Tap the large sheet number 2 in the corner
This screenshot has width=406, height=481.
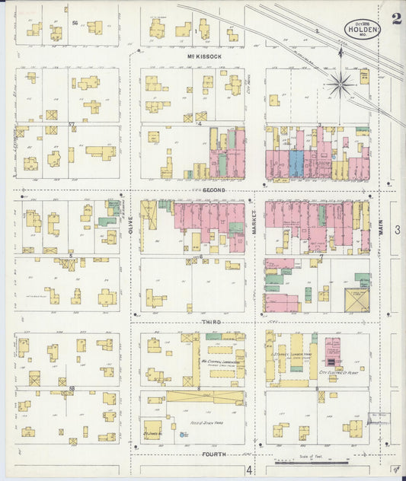point(396,19)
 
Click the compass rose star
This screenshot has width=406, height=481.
point(340,84)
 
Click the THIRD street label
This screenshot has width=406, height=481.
point(212,323)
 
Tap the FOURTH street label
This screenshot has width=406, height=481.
point(214,454)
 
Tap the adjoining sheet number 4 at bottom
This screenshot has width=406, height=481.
point(248,470)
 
